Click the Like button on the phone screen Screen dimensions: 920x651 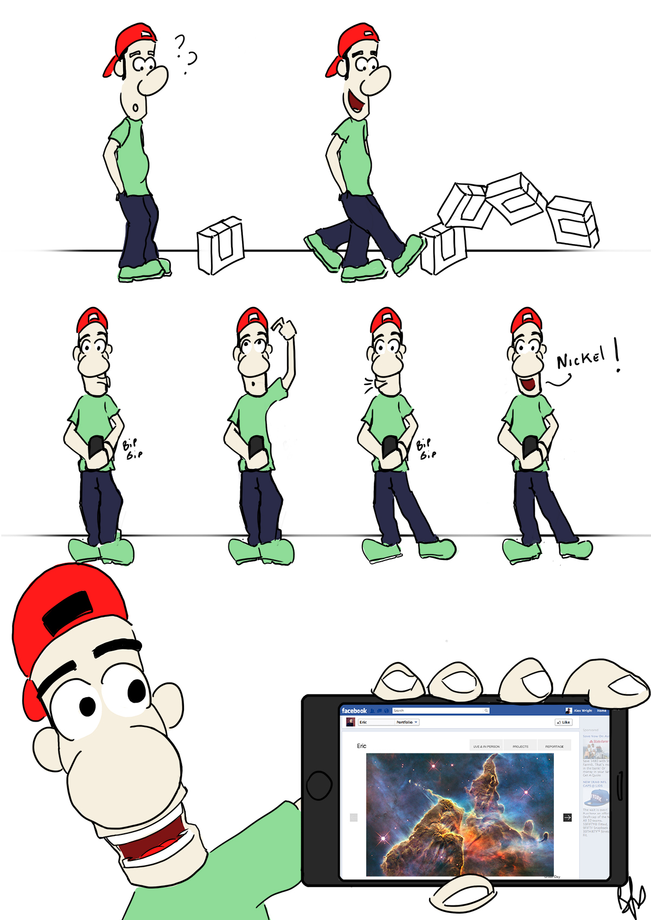564,722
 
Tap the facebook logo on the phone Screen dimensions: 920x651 354,711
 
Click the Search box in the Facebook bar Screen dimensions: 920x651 439,710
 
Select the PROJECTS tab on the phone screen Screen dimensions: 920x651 520,747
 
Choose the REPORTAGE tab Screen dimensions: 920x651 554,747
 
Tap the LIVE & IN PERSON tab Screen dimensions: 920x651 486,747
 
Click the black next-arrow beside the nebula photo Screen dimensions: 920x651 567,818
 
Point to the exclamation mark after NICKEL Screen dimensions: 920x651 617,355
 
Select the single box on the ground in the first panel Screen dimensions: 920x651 220,246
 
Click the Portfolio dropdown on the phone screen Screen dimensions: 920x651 406,722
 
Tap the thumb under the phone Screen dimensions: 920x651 462,893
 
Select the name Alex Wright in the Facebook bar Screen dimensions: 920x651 583,711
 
